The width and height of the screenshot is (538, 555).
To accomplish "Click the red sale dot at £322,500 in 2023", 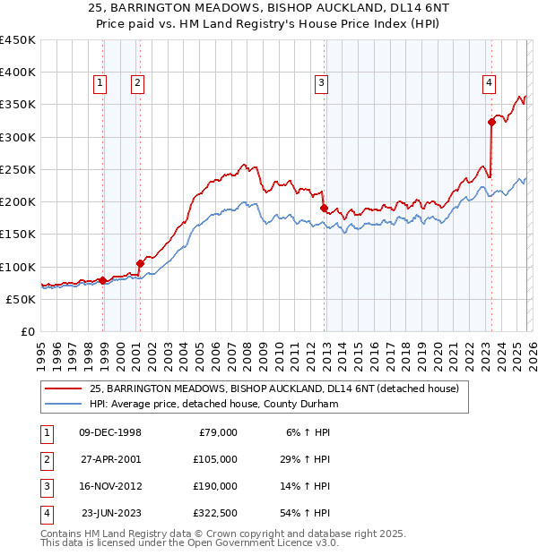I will click(491, 122).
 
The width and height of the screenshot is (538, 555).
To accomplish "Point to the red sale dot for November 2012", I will click(324, 208).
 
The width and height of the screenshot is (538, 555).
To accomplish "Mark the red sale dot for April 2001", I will click(140, 263).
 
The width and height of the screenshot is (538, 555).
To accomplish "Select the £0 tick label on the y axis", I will click(29, 331).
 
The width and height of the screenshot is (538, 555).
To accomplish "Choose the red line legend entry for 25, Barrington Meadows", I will click(274, 388).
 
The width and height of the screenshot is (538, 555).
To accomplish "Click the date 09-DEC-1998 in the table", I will click(110, 432).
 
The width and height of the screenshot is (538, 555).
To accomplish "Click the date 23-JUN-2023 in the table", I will click(111, 513).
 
